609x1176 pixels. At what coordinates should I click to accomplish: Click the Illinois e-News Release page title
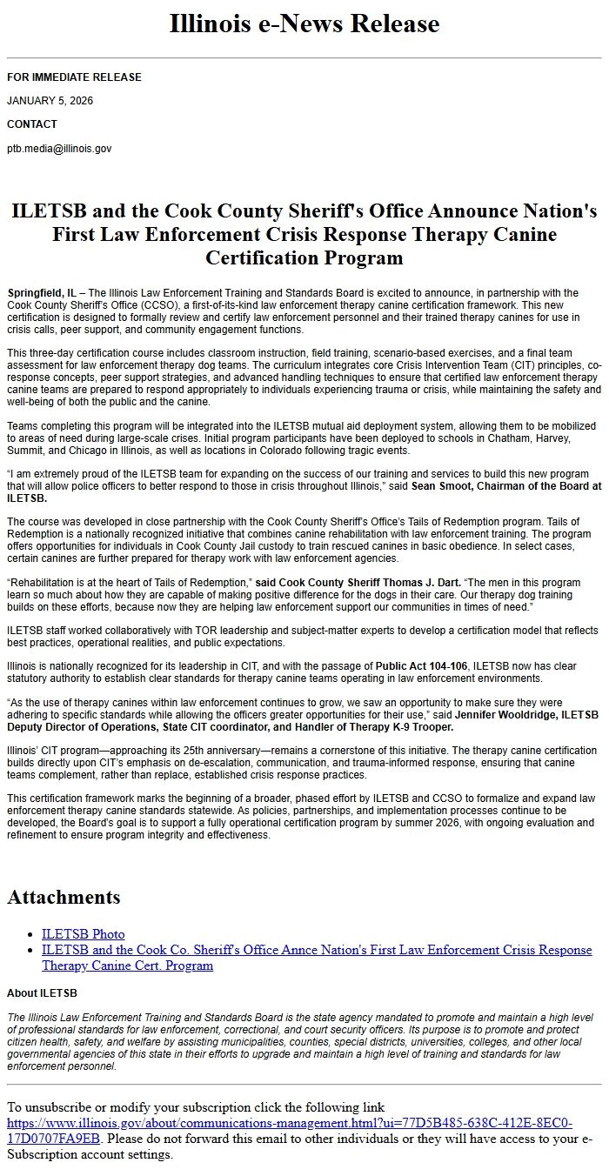click(x=304, y=23)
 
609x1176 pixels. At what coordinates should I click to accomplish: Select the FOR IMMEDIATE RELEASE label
click(x=74, y=77)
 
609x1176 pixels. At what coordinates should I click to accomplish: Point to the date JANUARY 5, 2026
click(x=50, y=101)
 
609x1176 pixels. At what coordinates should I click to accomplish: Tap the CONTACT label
click(x=32, y=124)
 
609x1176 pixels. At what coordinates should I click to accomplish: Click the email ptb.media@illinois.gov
click(x=59, y=149)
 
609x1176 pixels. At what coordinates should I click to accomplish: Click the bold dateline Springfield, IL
click(x=41, y=293)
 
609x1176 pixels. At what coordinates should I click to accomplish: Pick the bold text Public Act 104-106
click(x=421, y=666)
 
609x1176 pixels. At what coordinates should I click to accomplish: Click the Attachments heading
click(x=64, y=897)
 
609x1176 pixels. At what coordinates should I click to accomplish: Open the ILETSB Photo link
click(x=83, y=934)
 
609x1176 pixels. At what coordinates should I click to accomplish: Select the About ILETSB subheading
click(x=42, y=992)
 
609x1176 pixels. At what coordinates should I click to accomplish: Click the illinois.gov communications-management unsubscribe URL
click(x=289, y=1123)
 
